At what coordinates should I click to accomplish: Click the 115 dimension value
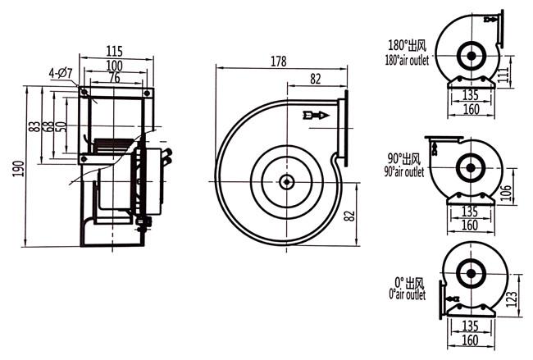[114, 52]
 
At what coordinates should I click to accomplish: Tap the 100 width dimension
[114, 66]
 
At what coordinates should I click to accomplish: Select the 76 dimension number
[115, 78]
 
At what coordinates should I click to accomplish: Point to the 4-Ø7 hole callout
[61, 73]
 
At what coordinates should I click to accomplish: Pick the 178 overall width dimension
[279, 62]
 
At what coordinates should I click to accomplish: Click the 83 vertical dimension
[34, 126]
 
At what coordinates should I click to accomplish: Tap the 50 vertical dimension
[61, 126]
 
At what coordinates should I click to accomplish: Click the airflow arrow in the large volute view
[316, 116]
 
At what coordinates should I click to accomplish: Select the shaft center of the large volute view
[286, 182]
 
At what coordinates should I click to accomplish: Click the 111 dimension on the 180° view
[504, 74]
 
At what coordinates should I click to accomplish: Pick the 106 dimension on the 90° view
[506, 193]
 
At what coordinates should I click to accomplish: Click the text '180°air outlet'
[407, 61]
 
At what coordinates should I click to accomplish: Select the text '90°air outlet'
[404, 171]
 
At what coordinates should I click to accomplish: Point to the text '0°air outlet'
[408, 294]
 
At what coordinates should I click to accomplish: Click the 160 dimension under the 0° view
[470, 340]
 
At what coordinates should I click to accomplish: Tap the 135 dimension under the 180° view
[471, 95]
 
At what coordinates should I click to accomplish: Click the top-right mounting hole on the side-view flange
[147, 93]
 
